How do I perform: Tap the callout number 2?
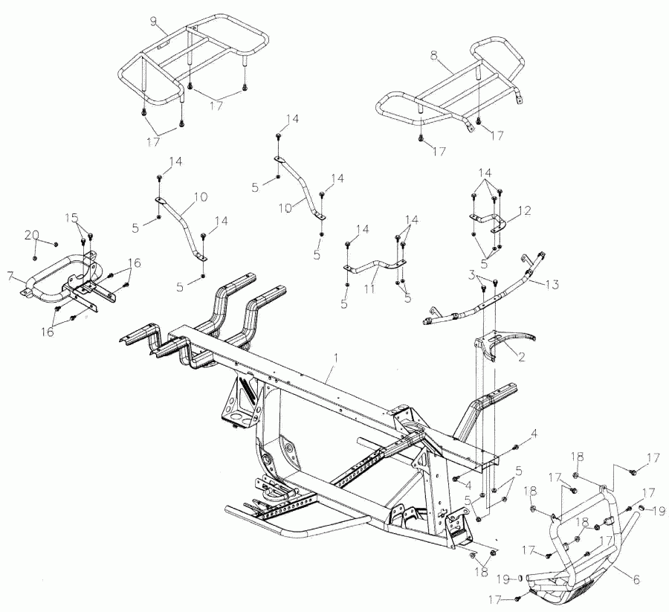pyautogui.click(x=522, y=357)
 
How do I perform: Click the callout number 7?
pyautogui.click(x=10, y=276)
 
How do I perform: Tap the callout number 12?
pyautogui.click(x=525, y=211)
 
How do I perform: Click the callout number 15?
pyautogui.click(x=71, y=218)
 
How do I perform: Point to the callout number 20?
pyautogui.click(x=30, y=235)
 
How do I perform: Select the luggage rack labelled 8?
pyautogui.click(x=446, y=93)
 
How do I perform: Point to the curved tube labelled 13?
pyautogui.click(x=483, y=301)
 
